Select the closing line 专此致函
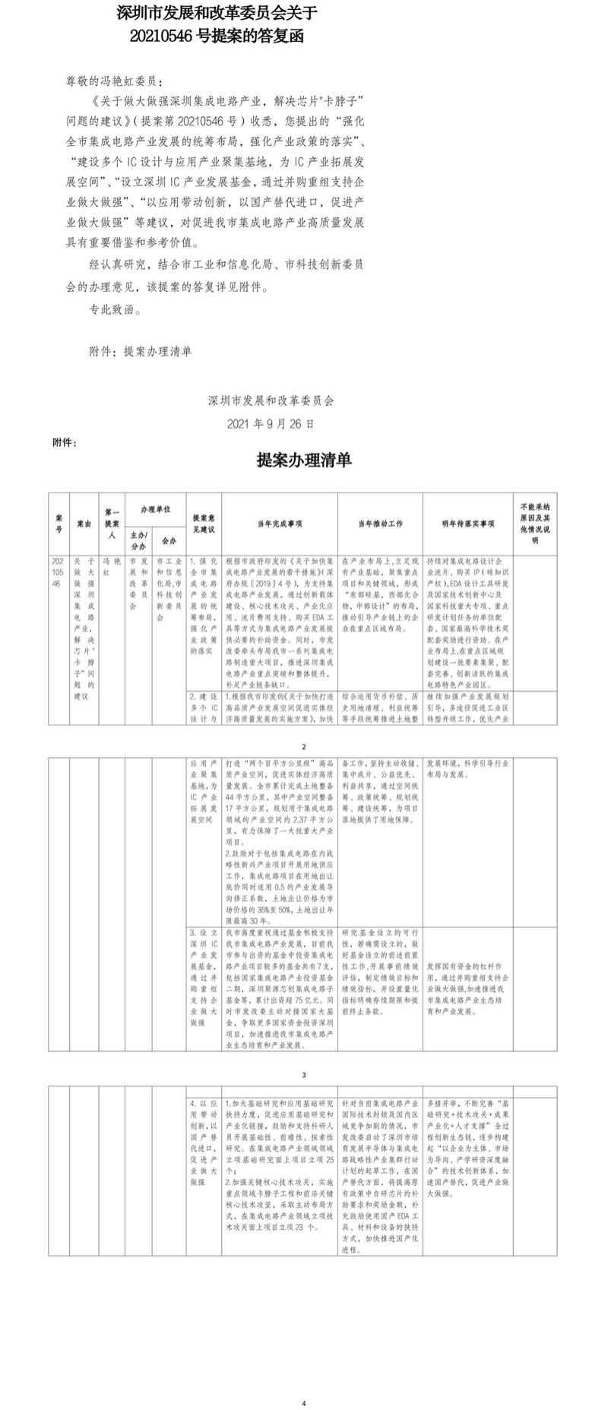[x=114, y=310]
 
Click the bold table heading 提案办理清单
[x=304, y=461]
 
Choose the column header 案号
[x=59, y=523]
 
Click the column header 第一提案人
[x=112, y=523]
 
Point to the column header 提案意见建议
[x=204, y=523]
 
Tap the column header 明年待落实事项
[x=468, y=524]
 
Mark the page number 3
[x=303, y=1075]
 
